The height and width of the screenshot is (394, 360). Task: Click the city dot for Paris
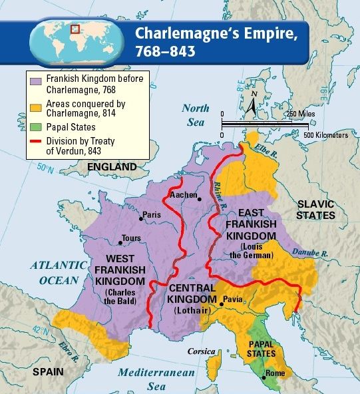coord(140,218)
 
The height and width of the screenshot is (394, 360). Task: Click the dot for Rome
coord(264,378)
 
